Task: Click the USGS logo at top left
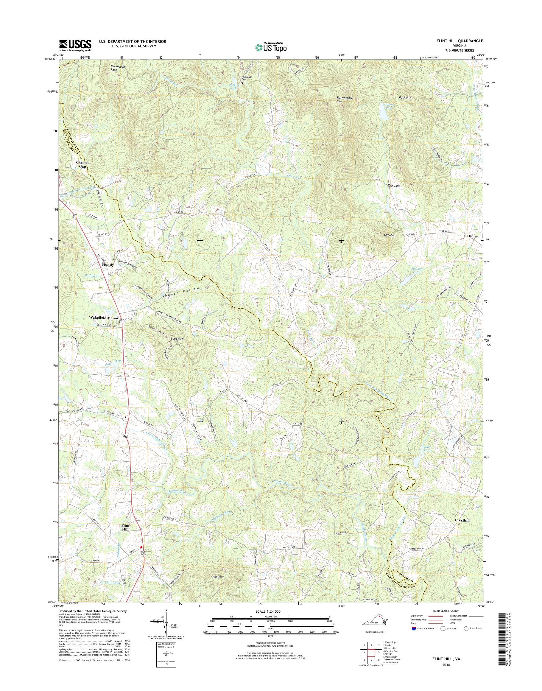click(75, 45)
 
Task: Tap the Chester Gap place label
click(82, 164)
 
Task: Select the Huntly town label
click(108, 264)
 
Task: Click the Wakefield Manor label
click(104, 318)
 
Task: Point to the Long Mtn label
click(177, 339)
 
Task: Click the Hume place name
click(472, 236)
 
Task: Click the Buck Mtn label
click(405, 98)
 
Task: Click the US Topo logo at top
click(271, 47)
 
